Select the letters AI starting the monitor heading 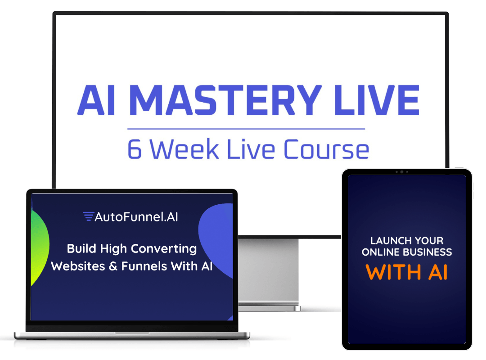point(96,100)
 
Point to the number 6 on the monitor point(135,149)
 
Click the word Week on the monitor point(184,149)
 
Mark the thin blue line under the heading point(246,129)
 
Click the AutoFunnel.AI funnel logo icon point(88,216)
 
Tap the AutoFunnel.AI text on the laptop point(136,217)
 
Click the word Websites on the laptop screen point(78,266)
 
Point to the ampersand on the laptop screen point(113,266)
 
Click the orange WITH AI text point(407,272)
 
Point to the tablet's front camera point(402,172)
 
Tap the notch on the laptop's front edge point(132,333)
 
